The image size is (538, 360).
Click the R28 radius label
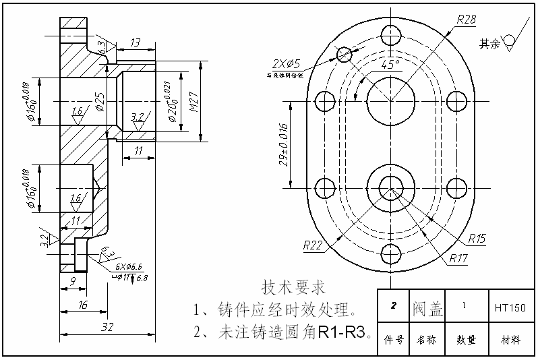466,19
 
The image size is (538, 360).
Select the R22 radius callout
313,245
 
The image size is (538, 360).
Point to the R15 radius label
476,239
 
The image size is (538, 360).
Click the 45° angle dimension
390,65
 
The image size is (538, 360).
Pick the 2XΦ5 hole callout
287,64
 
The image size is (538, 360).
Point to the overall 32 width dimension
107,327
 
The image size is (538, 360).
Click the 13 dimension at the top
135,43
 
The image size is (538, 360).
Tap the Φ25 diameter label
100,102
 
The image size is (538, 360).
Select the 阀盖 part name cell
427,308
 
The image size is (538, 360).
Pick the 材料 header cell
510,340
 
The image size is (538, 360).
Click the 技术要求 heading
293,288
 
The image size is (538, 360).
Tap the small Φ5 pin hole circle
345,53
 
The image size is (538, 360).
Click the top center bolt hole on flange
390,34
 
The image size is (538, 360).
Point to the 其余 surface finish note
489,44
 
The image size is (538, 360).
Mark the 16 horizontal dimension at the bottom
84,305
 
